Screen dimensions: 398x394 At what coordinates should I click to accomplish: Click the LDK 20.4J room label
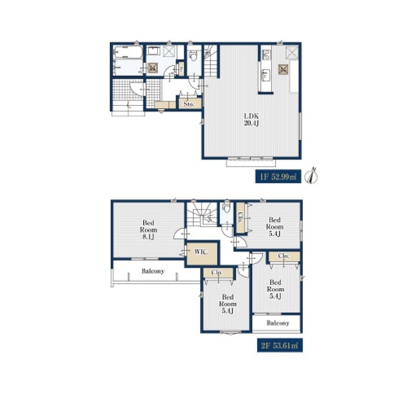[x=251, y=119]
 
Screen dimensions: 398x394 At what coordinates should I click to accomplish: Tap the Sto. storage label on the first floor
[x=189, y=104]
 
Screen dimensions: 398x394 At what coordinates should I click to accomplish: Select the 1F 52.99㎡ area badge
[x=278, y=176]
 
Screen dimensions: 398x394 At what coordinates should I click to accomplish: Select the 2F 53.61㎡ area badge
[x=280, y=345]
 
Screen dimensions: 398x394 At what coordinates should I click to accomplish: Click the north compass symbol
[x=312, y=176]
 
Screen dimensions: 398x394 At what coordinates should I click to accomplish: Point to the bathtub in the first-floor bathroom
[x=128, y=53]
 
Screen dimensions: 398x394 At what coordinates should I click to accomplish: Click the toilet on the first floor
[x=194, y=56]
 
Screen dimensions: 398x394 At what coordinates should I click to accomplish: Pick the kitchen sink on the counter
[x=266, y=75]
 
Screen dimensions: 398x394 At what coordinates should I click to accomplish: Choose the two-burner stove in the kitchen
[x=266, y=55]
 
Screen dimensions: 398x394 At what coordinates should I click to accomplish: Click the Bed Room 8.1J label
[x=148, y=230]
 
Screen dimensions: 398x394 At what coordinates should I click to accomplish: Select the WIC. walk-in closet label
[x=201, y=252]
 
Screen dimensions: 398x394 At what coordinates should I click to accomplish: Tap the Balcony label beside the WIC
[x=153, y=271]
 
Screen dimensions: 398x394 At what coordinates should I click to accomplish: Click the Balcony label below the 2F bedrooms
[x=278, y=323]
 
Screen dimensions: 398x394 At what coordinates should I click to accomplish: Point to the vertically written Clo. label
[x=240, y=217]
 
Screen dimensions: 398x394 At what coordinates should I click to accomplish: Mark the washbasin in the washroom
[x=153, y=51]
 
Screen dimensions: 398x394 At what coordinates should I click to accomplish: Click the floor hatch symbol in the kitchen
[x=283, y=69]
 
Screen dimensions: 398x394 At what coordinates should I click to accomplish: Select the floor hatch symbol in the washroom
[x=152, y=68]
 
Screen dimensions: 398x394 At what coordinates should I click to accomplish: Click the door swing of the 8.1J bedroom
[x=179, y=234]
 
